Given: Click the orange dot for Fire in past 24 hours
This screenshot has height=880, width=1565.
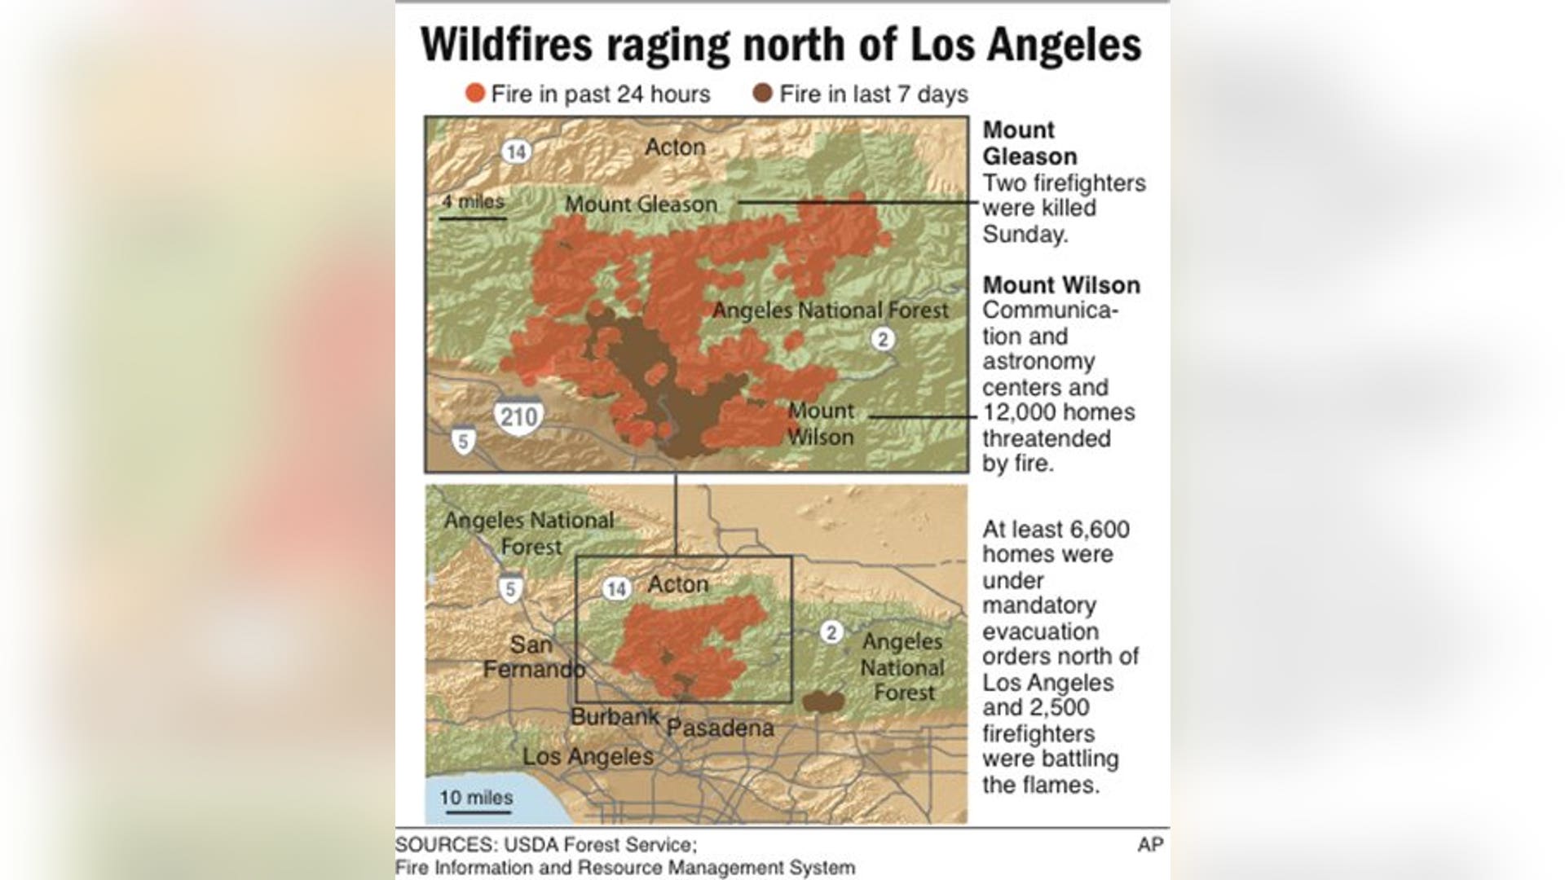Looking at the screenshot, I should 475,94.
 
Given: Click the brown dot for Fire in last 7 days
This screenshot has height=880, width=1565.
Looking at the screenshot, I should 763,94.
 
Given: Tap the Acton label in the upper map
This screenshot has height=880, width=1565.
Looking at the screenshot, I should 675,147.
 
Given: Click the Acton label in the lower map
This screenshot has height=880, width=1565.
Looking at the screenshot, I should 678,584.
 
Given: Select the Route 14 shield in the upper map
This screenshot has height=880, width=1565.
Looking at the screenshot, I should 516,152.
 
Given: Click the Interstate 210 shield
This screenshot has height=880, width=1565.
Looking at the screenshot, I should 518,417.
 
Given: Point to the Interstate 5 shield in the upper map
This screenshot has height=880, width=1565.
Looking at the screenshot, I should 464,442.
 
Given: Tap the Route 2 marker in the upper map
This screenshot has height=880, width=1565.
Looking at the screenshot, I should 883,338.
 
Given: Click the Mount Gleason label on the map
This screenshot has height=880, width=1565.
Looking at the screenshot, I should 641,205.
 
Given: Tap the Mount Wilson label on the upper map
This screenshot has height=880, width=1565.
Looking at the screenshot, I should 821,424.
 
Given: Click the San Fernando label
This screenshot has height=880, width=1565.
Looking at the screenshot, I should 533,657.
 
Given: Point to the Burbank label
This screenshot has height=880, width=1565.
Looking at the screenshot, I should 615,717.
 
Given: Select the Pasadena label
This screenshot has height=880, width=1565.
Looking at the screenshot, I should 721,728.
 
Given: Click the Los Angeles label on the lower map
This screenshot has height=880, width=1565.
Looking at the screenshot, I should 588,756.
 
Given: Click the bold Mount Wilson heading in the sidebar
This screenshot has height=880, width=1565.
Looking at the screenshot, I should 1061,285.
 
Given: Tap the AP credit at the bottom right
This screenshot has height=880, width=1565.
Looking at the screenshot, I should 1150,845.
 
